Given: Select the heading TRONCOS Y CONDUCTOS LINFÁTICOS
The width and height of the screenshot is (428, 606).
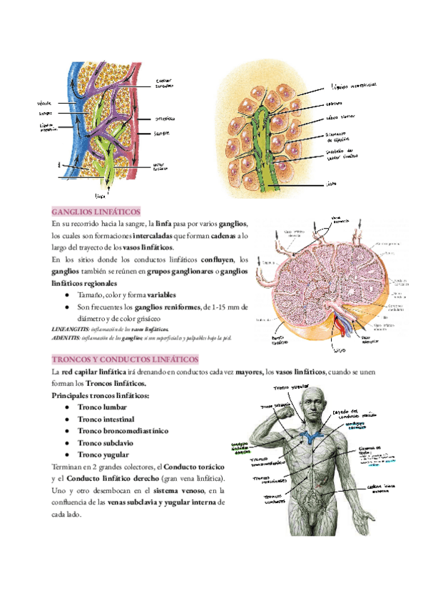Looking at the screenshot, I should point(125,359).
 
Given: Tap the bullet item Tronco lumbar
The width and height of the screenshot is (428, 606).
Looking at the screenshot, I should point(102,407).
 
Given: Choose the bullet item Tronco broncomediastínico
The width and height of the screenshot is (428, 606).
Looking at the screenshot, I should point(123,431).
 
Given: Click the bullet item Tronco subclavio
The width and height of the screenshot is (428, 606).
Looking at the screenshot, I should point(105,442).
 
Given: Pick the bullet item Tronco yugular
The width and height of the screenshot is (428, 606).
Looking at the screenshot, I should point(103,454).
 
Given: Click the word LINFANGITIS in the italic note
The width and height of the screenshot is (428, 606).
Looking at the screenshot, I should point(69,329).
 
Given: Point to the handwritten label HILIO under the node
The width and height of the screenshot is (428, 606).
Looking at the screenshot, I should point(340,350).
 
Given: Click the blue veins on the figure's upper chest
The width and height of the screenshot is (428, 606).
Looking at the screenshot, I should point(311,435).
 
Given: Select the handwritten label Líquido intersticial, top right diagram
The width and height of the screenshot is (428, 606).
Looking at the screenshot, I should point(355,86).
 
